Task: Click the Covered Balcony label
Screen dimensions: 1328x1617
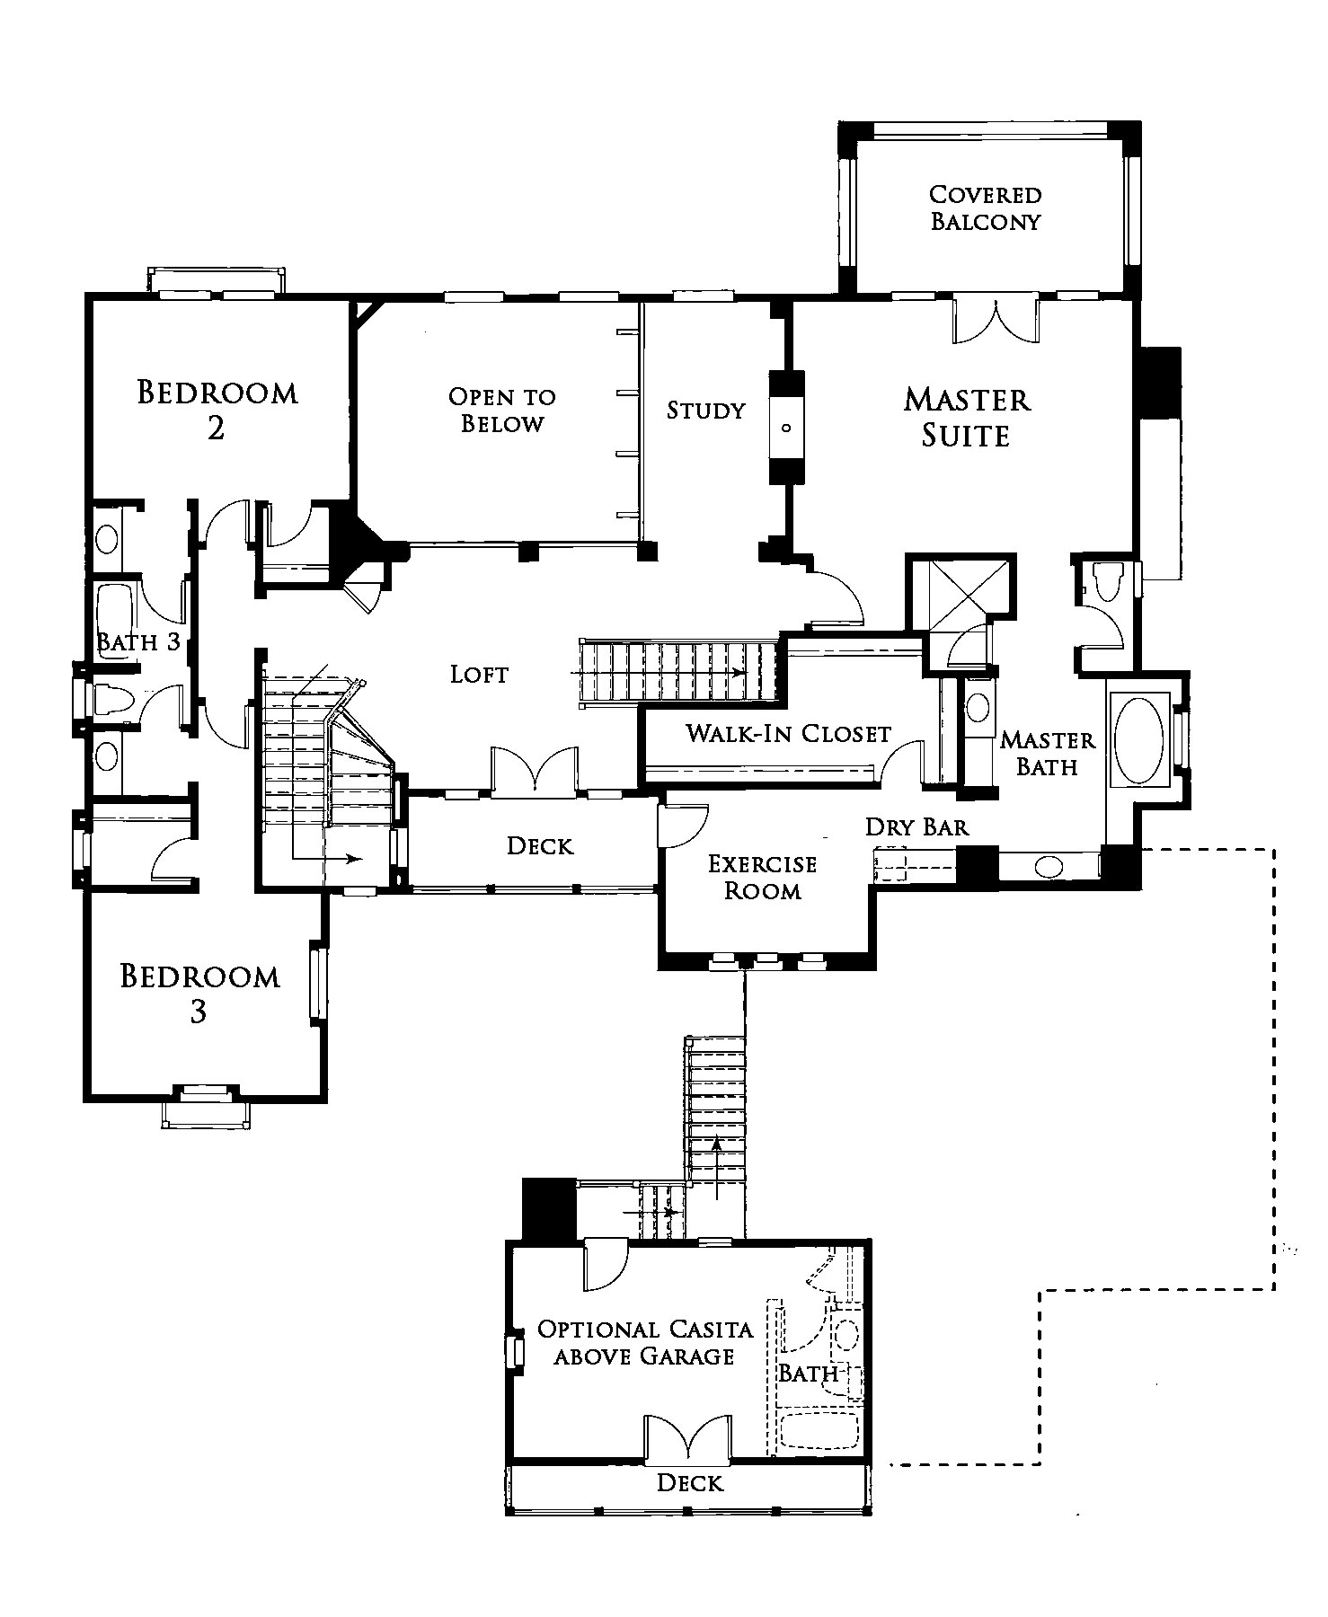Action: coord(985,208)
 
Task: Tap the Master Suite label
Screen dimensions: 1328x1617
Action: coord(967,417)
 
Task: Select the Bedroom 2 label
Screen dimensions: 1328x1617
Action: coord(217,410)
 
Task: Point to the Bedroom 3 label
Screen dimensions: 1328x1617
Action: coord(199,994)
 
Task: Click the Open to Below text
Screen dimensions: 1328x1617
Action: coord(502,410)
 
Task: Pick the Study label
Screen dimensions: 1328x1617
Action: coord(706,411)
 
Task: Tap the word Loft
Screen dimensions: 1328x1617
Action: coord(480,674)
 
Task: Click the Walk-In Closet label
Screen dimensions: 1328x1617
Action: coord(789,733)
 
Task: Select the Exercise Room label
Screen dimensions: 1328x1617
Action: coord(763,878)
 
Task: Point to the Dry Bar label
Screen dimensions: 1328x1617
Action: coord(917,826)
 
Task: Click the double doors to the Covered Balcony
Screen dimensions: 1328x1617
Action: coord(995,320)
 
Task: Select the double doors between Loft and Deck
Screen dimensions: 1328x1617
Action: coord(534,771)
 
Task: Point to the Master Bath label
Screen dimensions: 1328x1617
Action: coord(1048,753)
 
